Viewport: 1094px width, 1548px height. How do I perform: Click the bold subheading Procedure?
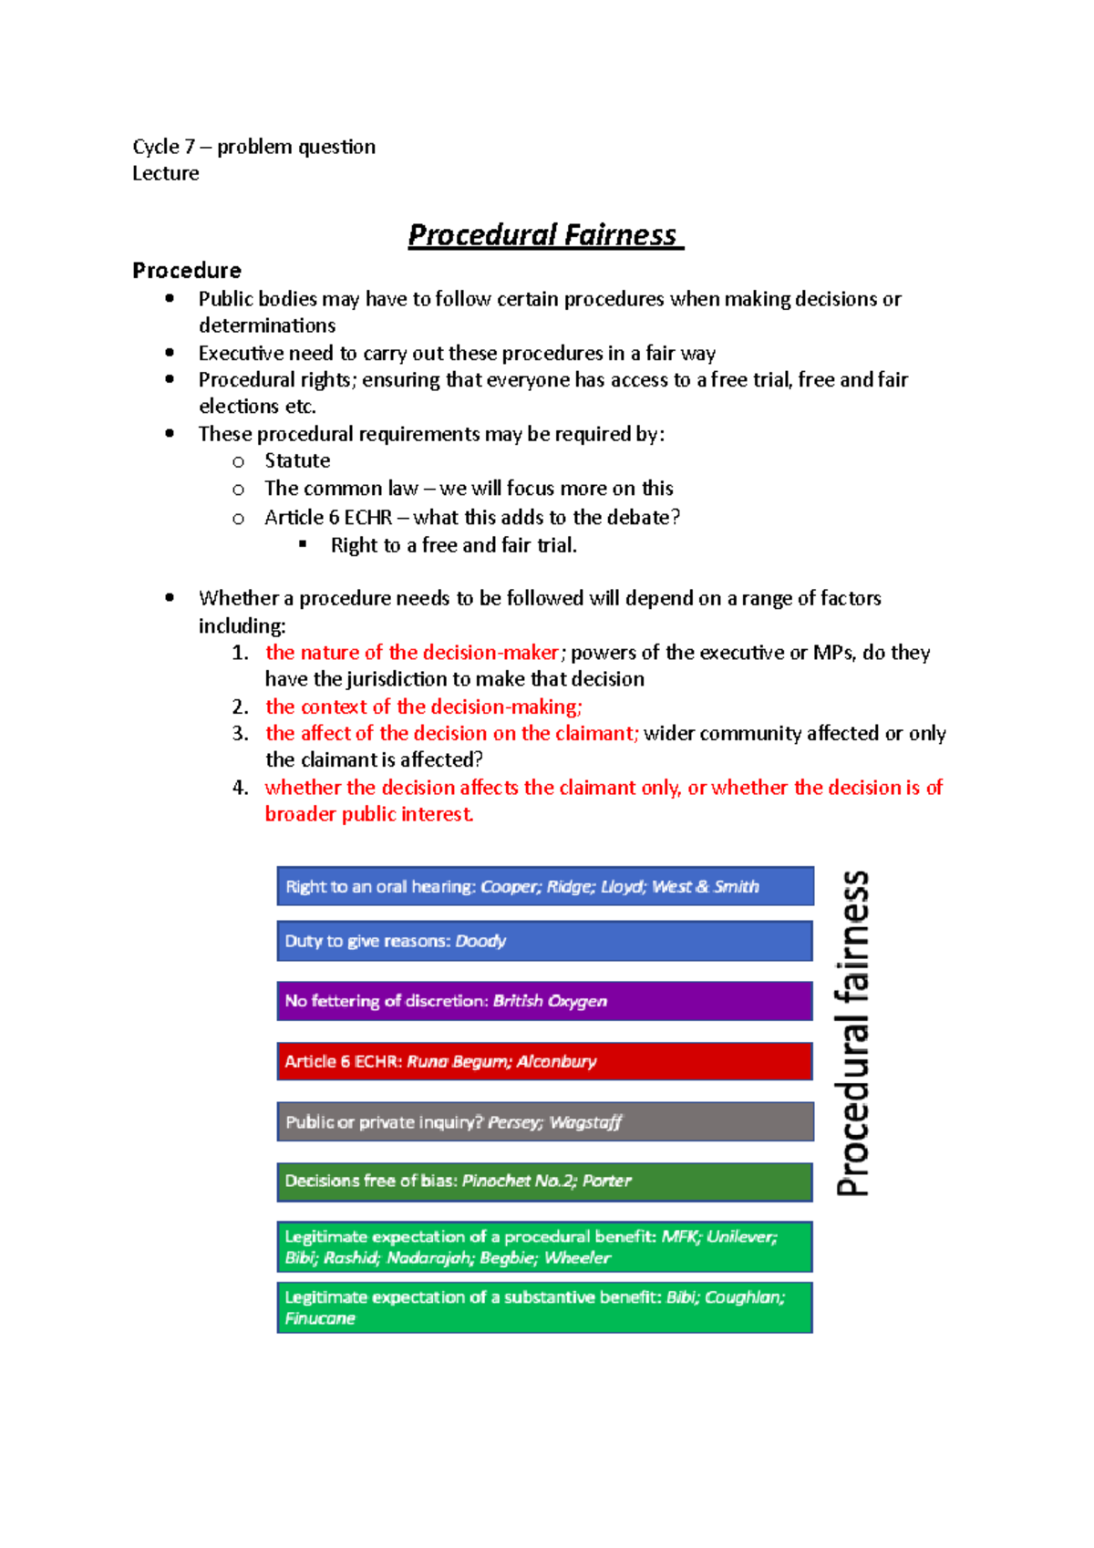pyautogui.click(x=187, y=271)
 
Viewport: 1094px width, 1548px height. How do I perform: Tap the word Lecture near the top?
pyautogui.click(x=165, y=173)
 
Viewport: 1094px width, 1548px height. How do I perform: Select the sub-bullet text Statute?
pyautogui.click(x=297, y=460)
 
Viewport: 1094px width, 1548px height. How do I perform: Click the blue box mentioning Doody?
pyautogui.click(x=544, y=941)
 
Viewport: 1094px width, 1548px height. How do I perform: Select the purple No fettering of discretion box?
pyautogui.click(x=544, y=1001)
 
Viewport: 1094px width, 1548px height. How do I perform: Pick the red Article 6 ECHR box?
pyautogui.click(x=544, y=1061)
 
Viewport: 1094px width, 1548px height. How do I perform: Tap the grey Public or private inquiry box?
pyautogui.click(x=544, y=1122)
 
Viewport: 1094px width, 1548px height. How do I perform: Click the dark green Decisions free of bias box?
pyautogui.click(x=544, y=1182)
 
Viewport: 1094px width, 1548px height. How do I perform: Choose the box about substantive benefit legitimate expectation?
pyautogui.click(x=544, y=1307)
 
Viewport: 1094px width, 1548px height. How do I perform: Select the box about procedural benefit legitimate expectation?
pyautogui.click(x=544, y=1247)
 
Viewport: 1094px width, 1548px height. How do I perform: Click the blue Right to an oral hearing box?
pyautogui.click(x=544, y=886)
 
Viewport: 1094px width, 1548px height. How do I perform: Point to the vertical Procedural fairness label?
pyautogui.click(x=852, y=1033)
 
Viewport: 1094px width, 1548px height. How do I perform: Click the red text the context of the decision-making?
pyautogui.click(x=423, y=707)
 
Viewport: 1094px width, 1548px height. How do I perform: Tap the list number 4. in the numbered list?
pyautogui.click(x=240, y=788)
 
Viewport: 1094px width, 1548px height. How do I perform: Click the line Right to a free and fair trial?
pyautogui.click(x=453, y=545)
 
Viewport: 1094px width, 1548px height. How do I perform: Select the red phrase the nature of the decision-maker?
pyautogui.click(x=411, y=653)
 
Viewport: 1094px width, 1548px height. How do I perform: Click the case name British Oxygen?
pyautogui.click(x=550, y=1001)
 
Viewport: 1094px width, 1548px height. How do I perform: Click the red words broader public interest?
pyautogui.click(x=368, y=814)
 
